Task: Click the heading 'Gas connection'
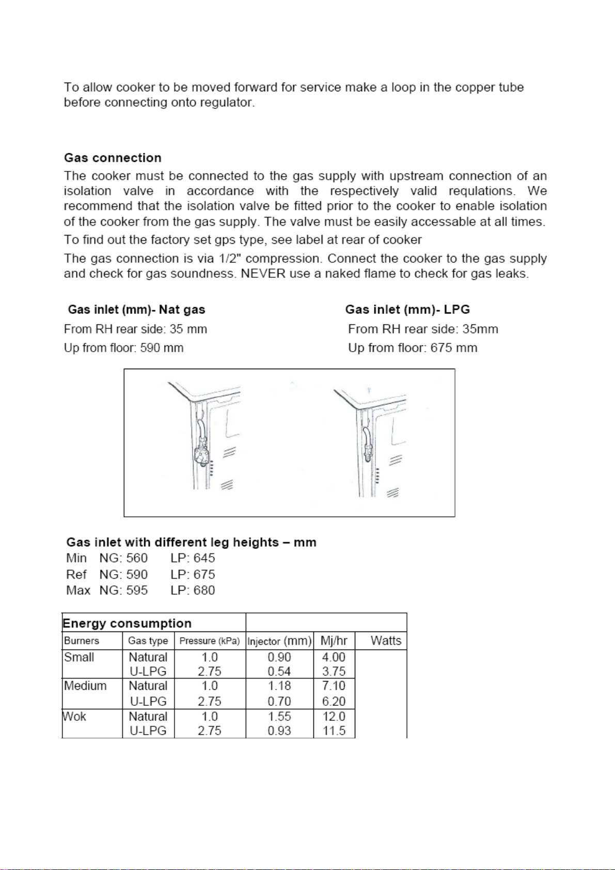click(113, 158)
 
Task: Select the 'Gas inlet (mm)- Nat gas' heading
click(136, 310)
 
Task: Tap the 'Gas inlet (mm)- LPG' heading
click(407, 310)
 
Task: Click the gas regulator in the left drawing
click(201, 455)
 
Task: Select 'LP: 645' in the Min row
click(193, 558)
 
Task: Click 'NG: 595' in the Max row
click(123, 590)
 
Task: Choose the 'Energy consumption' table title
click(127, 623)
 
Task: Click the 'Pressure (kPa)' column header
click(210, 641)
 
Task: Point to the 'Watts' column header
click(386, 641)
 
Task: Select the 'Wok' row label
click(74, 717)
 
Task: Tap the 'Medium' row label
click(85, 686)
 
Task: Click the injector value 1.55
click(279, 717)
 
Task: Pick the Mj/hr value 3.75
click(334, 672)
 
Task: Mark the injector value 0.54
click(279, 672)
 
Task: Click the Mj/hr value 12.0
click(334, 717)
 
